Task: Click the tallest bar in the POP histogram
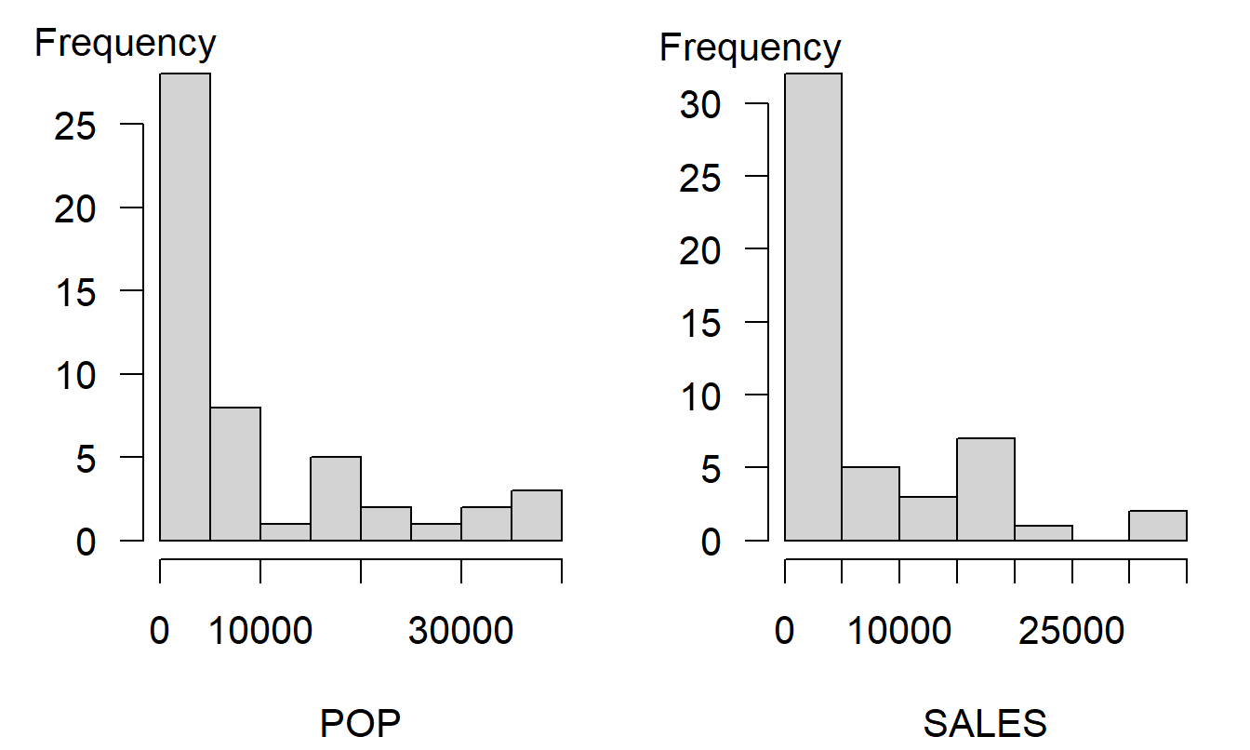pos(185,306)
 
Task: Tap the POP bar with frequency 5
pos(336,498)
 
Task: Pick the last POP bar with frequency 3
pos(537,515)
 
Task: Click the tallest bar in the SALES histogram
pos(813,306)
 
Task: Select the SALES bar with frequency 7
pos(986,489)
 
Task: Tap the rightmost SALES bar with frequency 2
pos(1158,525)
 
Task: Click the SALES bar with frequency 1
pos(1044,532)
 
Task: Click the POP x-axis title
pos(361,723)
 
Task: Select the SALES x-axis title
pos(985,723)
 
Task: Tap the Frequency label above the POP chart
pos(126,43)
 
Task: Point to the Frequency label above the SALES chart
pos(751,47)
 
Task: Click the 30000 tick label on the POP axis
pos(460,632)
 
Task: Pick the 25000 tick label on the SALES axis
pos(1072,632)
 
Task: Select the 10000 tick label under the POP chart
pos(259,632)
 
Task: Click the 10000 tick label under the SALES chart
pos(898,632)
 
